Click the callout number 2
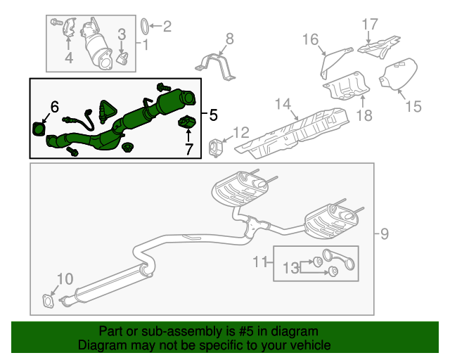pos(167,27)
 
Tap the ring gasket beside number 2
pos(143,27)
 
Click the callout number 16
pos(311,39)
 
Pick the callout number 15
pos(413,107)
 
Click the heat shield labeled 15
pos(399,75)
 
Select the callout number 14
pos(283,105)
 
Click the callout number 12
pos(240,132)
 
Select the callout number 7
pos(188,148)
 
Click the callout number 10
pos(64,279)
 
